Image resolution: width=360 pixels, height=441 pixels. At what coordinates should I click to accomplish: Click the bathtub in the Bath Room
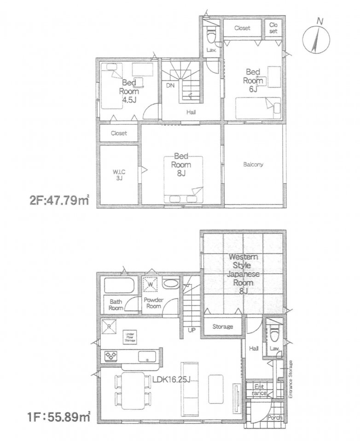tap(119, 286)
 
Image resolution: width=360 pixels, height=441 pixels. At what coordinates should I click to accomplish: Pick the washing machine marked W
tap(150, 285)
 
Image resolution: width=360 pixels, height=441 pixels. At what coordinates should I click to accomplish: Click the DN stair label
tap(170, 86)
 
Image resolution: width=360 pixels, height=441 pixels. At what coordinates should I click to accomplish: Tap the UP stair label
tap(191, 330)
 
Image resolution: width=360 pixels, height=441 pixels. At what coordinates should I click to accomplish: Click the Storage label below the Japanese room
tap(222, 327)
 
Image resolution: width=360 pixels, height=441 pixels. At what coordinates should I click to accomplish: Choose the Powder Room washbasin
tap(169, 284)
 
